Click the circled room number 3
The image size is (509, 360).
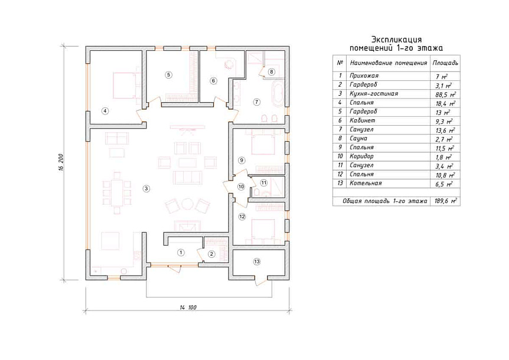(x=146, y=188)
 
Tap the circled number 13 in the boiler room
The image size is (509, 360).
(x=257, y=261)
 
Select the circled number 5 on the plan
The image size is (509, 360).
(x=168, y=75)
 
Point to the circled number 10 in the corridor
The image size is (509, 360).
(x=241, y=187)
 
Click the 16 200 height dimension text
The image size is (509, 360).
(x=61, y=162)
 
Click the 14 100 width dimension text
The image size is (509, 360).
(x=188, y=307)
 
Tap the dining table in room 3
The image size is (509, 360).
(x=116, y=192)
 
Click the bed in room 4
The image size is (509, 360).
(x=124, y=86)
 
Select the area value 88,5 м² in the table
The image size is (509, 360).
(x=445, y=94)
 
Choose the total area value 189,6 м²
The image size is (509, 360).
(x=445, y=201)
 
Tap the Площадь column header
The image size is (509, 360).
(x=445, y=63)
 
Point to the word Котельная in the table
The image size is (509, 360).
(x=366, y=183)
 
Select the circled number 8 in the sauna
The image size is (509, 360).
(x=272, y=71)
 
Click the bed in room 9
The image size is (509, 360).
(x=263, y=143)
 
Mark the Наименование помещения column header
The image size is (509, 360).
(x=388, y=63)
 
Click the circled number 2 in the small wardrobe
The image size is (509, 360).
(x=211, y=254)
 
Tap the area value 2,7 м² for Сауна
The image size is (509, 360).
(x=445, y=139)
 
